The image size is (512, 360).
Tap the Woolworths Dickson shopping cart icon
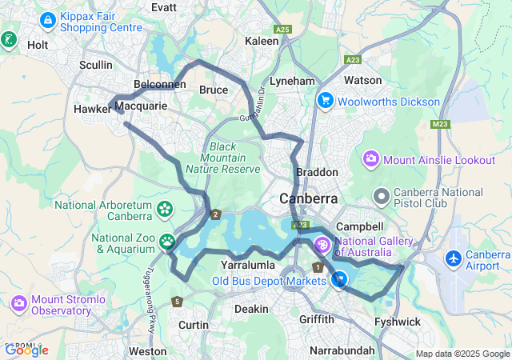(325, 101)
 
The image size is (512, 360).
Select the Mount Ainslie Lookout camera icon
(371, 159)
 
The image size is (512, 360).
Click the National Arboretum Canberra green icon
(166, 210)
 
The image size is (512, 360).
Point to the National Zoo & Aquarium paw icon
(167, 241)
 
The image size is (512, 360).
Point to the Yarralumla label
(248, 264)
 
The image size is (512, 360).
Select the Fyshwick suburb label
(398, 322)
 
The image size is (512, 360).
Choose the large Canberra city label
(308, 198)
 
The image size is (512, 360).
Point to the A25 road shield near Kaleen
(282, 30)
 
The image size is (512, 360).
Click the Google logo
(26, 350)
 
